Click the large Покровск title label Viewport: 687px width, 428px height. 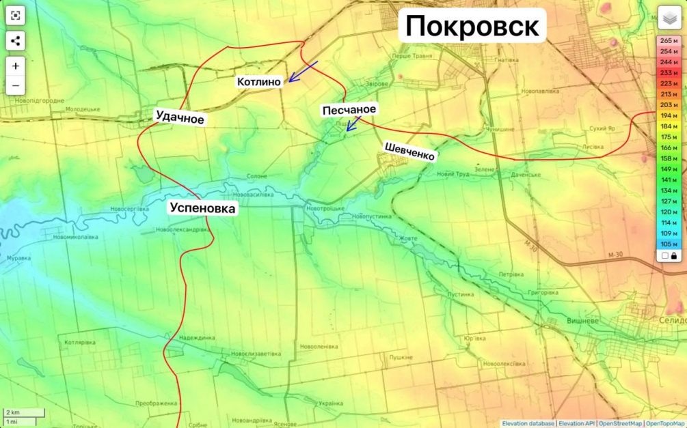(x=472, y=27)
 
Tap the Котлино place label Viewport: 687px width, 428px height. (x=259, y=82)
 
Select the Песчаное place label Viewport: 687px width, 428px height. (x=349, y=109)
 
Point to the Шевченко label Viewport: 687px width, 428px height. (x=409, y=152)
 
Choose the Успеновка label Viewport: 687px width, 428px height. (x=203, y=209)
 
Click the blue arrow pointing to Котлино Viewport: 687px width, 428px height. (x=302, y=71)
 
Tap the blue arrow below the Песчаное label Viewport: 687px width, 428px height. (x=353, y=124)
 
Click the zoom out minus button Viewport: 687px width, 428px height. (x=16, y=86)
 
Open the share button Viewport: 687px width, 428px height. (x=16, y=41)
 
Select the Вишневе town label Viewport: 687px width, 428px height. (x=582, y=320)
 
